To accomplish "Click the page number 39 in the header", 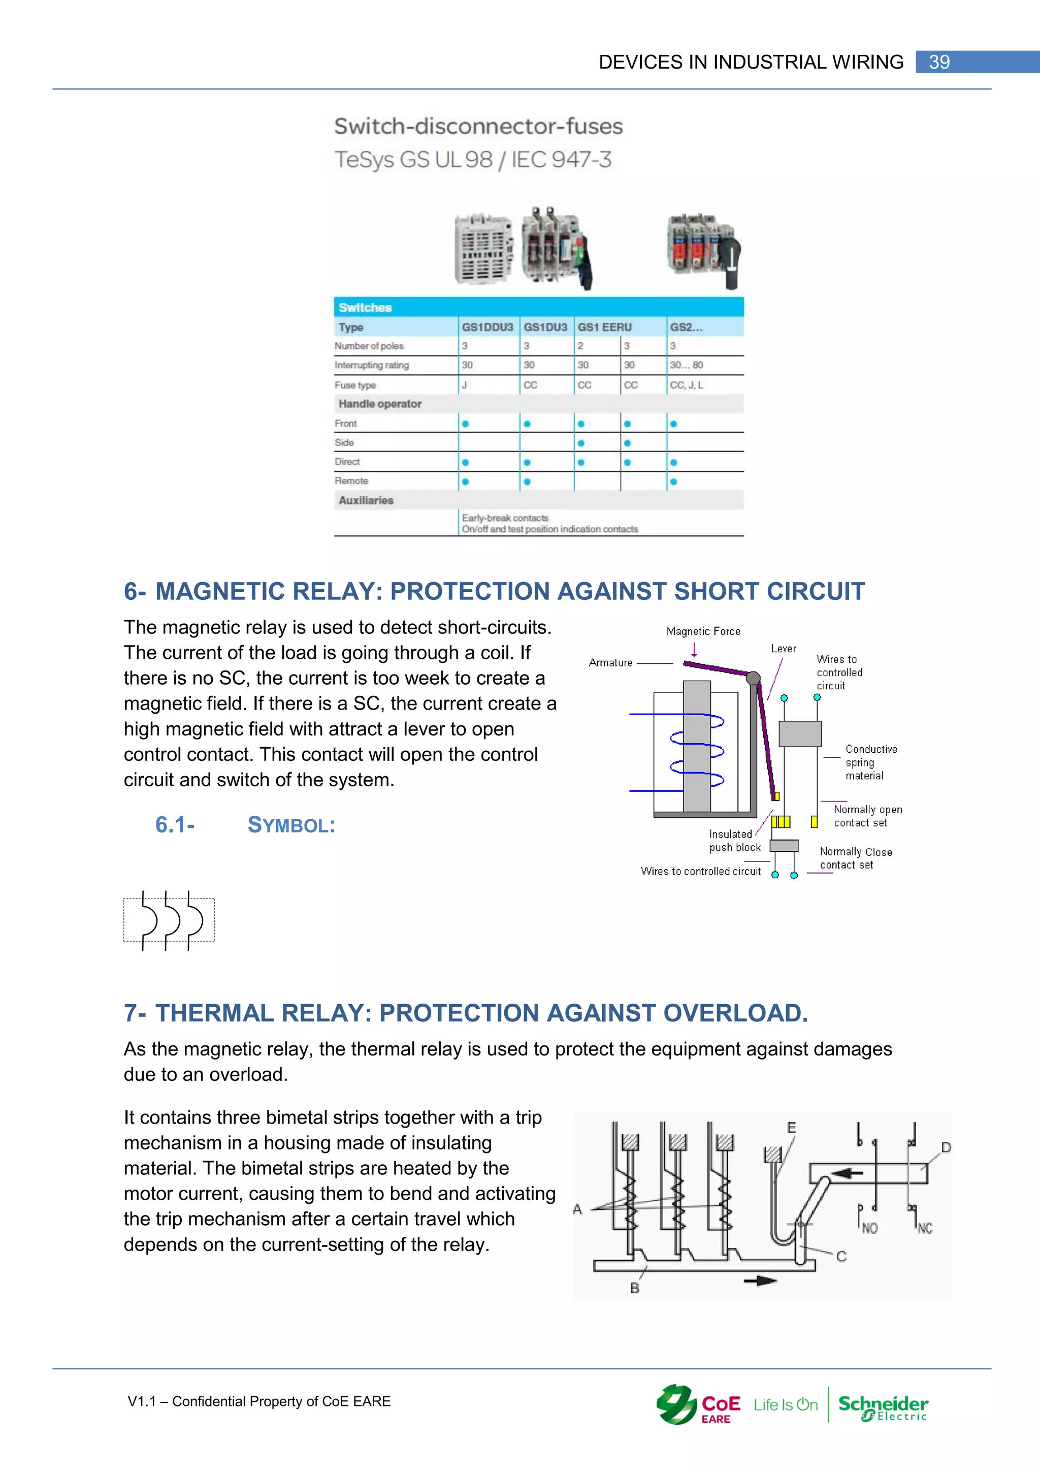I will coord(939,62).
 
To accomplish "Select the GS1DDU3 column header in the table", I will coord(487,328).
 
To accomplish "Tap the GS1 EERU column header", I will coord(604,328).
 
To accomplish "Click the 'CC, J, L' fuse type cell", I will coord(686,385).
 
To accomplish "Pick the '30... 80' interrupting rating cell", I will coord(686,365).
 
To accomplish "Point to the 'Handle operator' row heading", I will coord(380,404).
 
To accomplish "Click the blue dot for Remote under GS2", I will coord(673,482).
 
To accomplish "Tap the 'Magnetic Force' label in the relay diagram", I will coord(703,631).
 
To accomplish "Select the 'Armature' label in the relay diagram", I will coord(610,662).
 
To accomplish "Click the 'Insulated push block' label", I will coord(734,841).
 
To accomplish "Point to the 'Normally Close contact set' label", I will coord(855,858).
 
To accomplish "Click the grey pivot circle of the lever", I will coord(753,678).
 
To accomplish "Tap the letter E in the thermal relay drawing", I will coord(792,1127).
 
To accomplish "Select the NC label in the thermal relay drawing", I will coord(925,1228).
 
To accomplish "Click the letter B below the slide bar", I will coord(635,1288).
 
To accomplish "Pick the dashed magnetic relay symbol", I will coord(169,920).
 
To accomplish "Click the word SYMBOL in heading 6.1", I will coord(291,825).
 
